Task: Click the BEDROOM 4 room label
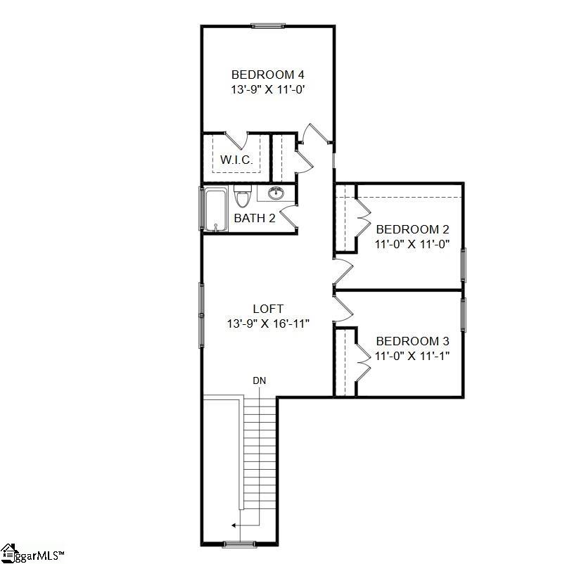(267, 75)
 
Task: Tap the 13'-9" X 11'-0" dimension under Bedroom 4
(267, 89)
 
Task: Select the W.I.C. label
(236, 160)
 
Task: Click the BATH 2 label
(254, 218)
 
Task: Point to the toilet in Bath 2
(242, 196)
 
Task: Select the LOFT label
(268, 309)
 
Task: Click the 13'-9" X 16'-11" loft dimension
(268, 323)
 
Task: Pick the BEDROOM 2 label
(412, 229)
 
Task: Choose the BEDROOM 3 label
(412, 340)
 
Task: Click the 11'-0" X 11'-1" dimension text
(412, 355)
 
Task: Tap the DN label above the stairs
(260, 381)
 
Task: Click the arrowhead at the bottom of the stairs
(234, 525)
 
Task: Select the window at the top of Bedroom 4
(267, 27)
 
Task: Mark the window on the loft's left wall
(202, 309)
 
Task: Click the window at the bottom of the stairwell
(237, 544)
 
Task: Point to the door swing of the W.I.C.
(235, 139)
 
